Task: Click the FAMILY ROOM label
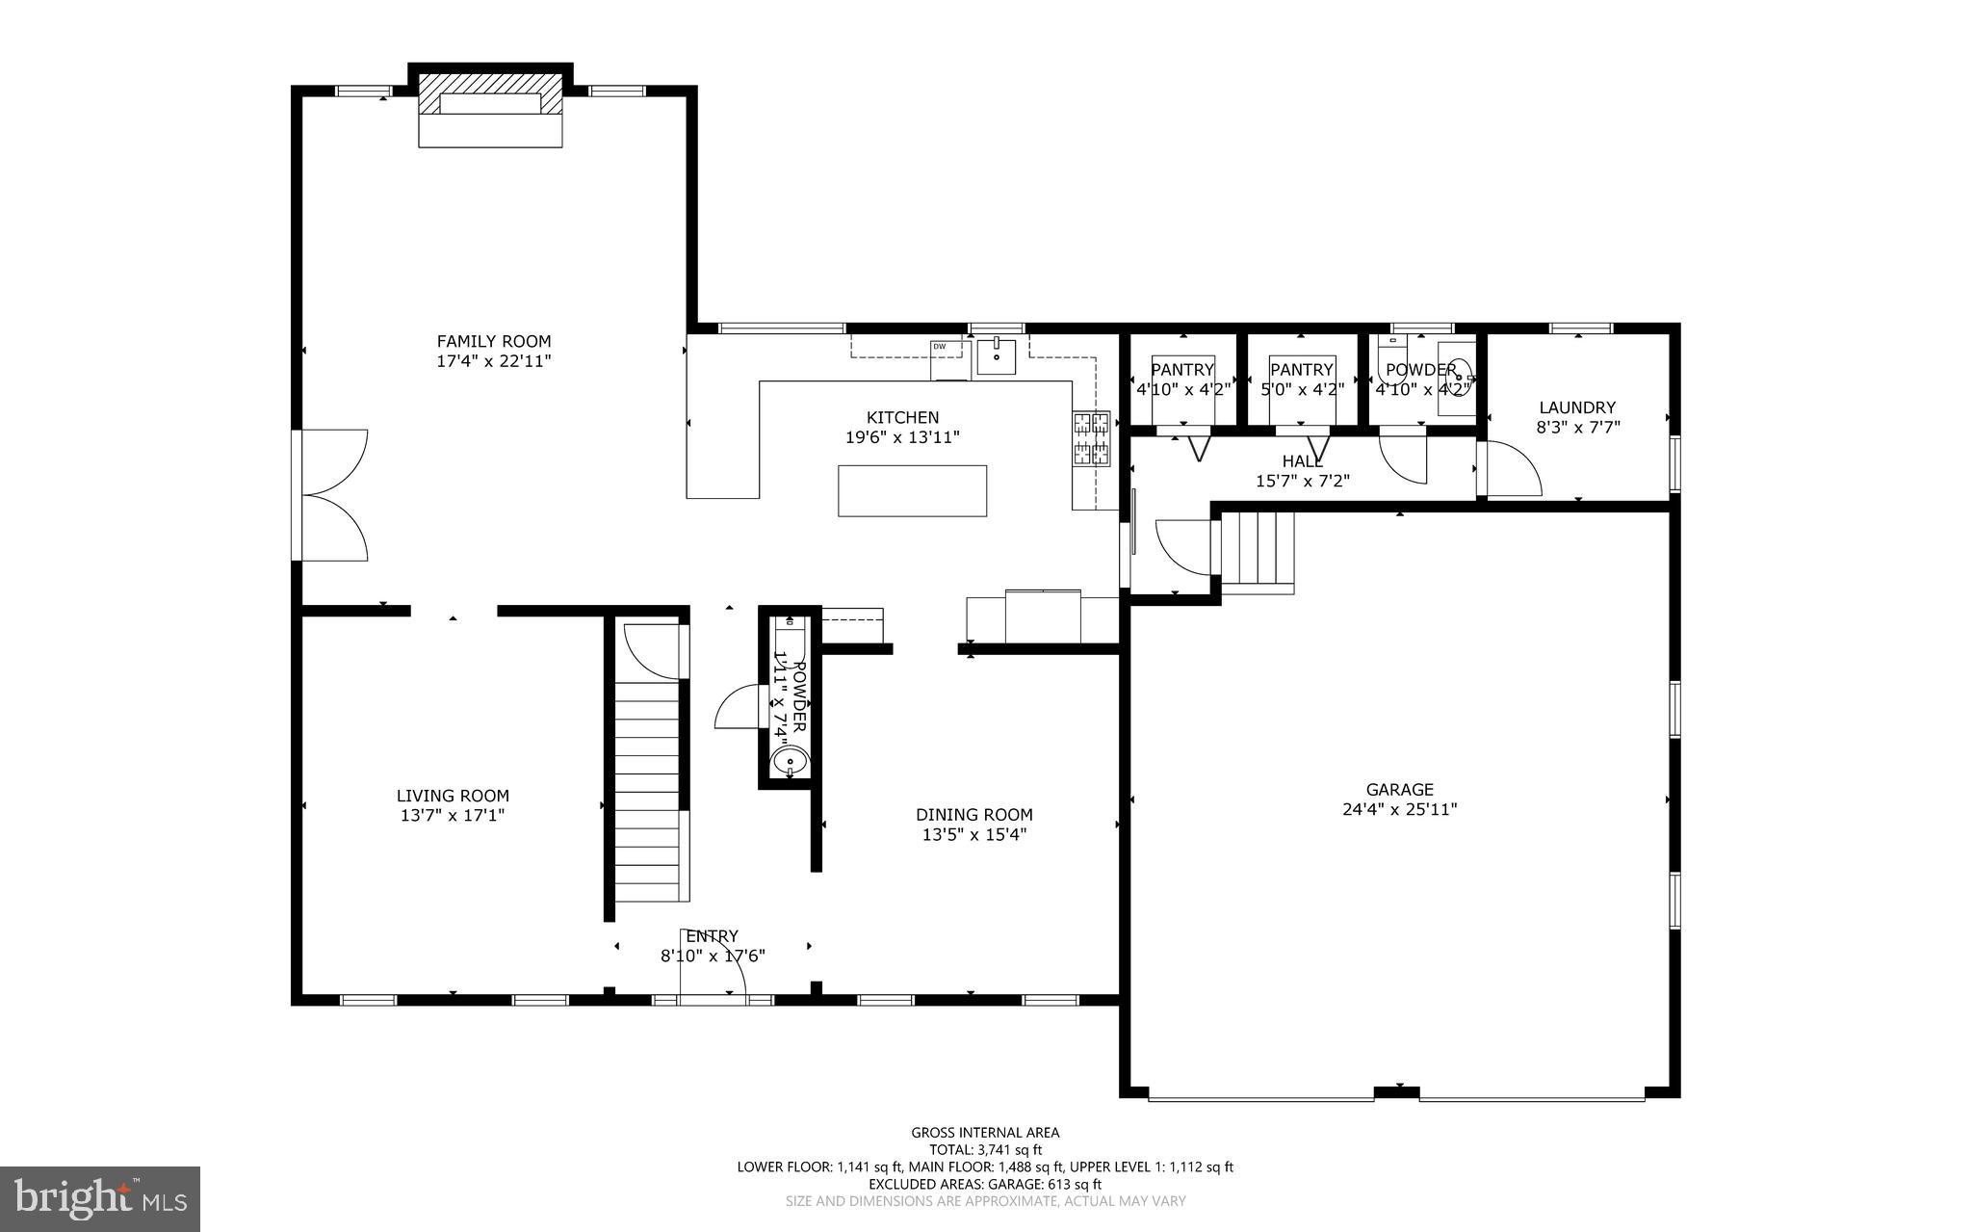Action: pos(494,341)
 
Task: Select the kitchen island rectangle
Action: pos(912,490)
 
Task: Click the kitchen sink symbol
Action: pos(996,355)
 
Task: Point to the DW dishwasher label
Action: pos(939,346)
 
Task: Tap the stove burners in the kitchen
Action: pos(1092,438)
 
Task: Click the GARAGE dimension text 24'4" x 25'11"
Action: pos(1399,810)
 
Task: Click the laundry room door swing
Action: pos(1514,469)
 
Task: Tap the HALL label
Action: pos(1303,462)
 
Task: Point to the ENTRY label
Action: pos(713,936)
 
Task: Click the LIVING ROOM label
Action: pos(453,796)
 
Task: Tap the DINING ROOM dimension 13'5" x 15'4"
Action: pos(974,835)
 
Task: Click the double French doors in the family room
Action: pos(333,495)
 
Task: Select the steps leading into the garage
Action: pos(1258,549)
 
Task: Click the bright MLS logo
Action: pos(100,1198)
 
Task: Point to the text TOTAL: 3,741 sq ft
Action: pos(985,1149)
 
